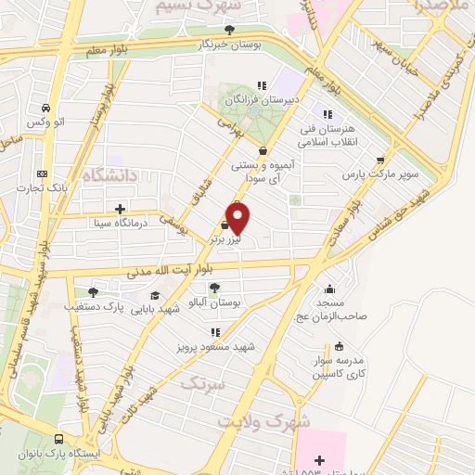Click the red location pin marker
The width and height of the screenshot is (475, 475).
239,219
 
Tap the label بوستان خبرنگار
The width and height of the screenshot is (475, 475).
230,44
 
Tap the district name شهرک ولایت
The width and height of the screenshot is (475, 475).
263,419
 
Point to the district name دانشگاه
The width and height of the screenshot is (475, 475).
109,174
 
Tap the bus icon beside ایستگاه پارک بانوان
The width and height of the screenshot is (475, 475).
59,439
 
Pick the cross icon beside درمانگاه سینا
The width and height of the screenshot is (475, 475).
119,208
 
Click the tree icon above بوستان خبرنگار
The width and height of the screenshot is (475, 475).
230,30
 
